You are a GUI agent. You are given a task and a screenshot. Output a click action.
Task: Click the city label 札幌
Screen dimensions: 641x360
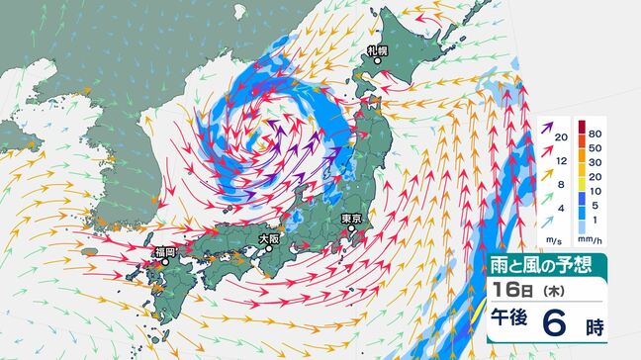click(375, 49)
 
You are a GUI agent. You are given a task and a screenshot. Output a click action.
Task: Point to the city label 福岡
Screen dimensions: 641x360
click(163, 252)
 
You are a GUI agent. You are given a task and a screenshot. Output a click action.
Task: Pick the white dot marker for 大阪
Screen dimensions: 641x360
click(266, 249)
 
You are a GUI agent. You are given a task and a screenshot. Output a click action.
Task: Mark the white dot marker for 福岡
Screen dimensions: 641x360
click(157, 262)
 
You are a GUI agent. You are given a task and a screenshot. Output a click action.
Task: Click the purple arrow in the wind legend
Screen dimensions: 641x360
click(548, 128)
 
